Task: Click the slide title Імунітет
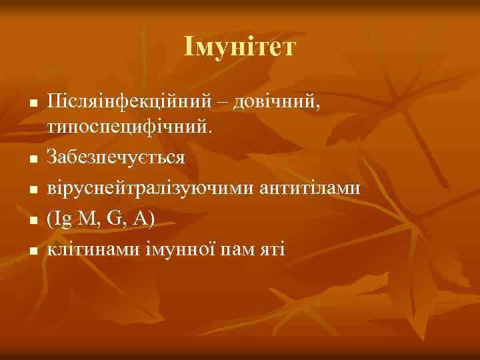click(240, 47)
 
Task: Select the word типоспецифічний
click(131, 127)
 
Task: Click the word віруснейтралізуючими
click(151, 188)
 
